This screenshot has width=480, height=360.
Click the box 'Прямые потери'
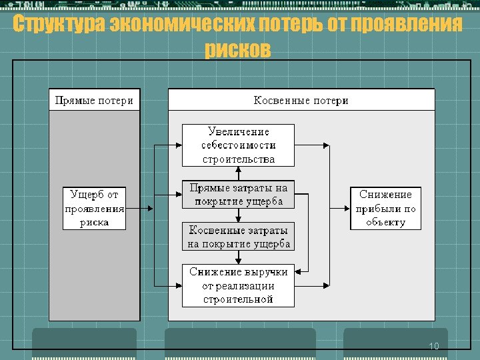pyautogui.click(x=94, y=101)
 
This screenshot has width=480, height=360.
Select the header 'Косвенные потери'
pyautogui.click(x=301, y=101)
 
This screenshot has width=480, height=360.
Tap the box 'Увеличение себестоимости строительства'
pyautogui.click(x=238, y=145)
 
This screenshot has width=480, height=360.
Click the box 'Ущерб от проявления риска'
pyautogui.click(x=95, y=209)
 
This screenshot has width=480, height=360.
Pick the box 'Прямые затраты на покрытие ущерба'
pyautogui.click(x=238, y=194)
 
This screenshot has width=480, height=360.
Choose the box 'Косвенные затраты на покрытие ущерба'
pyautogui.click(x=238, y=237)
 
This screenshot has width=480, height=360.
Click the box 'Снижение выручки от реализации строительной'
pyautogui.click(x=238, y=285)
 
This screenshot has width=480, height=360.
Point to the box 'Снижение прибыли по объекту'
pyautogui.click(x=385, y=209)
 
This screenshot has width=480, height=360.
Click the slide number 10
pyautogui.click(x=434, y=346)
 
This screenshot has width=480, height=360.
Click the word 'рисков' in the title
pyautogui.click(x=238, y=49)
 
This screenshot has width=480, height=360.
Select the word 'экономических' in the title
pyautogui.click(x=183, y=25)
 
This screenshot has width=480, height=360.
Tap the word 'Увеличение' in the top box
pyautogui.click(x=238, y=131)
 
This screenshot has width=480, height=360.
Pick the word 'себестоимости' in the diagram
pyautogui.click(x=238, y=145)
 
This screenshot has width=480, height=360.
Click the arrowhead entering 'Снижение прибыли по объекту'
pyautogui.click(x=347, y=209)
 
